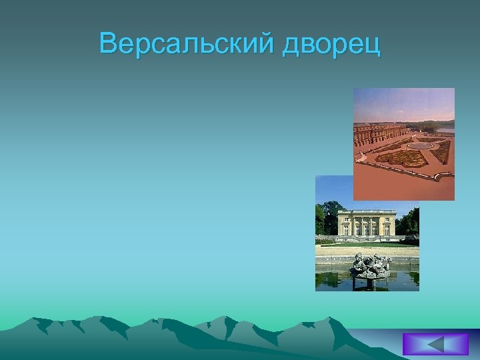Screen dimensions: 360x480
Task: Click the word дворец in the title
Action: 331,45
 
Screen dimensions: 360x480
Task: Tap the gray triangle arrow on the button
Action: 435,344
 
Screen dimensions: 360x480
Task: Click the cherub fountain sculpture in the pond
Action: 371,265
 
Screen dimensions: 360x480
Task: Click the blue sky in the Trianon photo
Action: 333,190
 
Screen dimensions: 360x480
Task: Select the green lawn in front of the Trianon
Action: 367,244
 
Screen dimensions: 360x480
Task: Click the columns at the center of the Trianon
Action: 367,225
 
